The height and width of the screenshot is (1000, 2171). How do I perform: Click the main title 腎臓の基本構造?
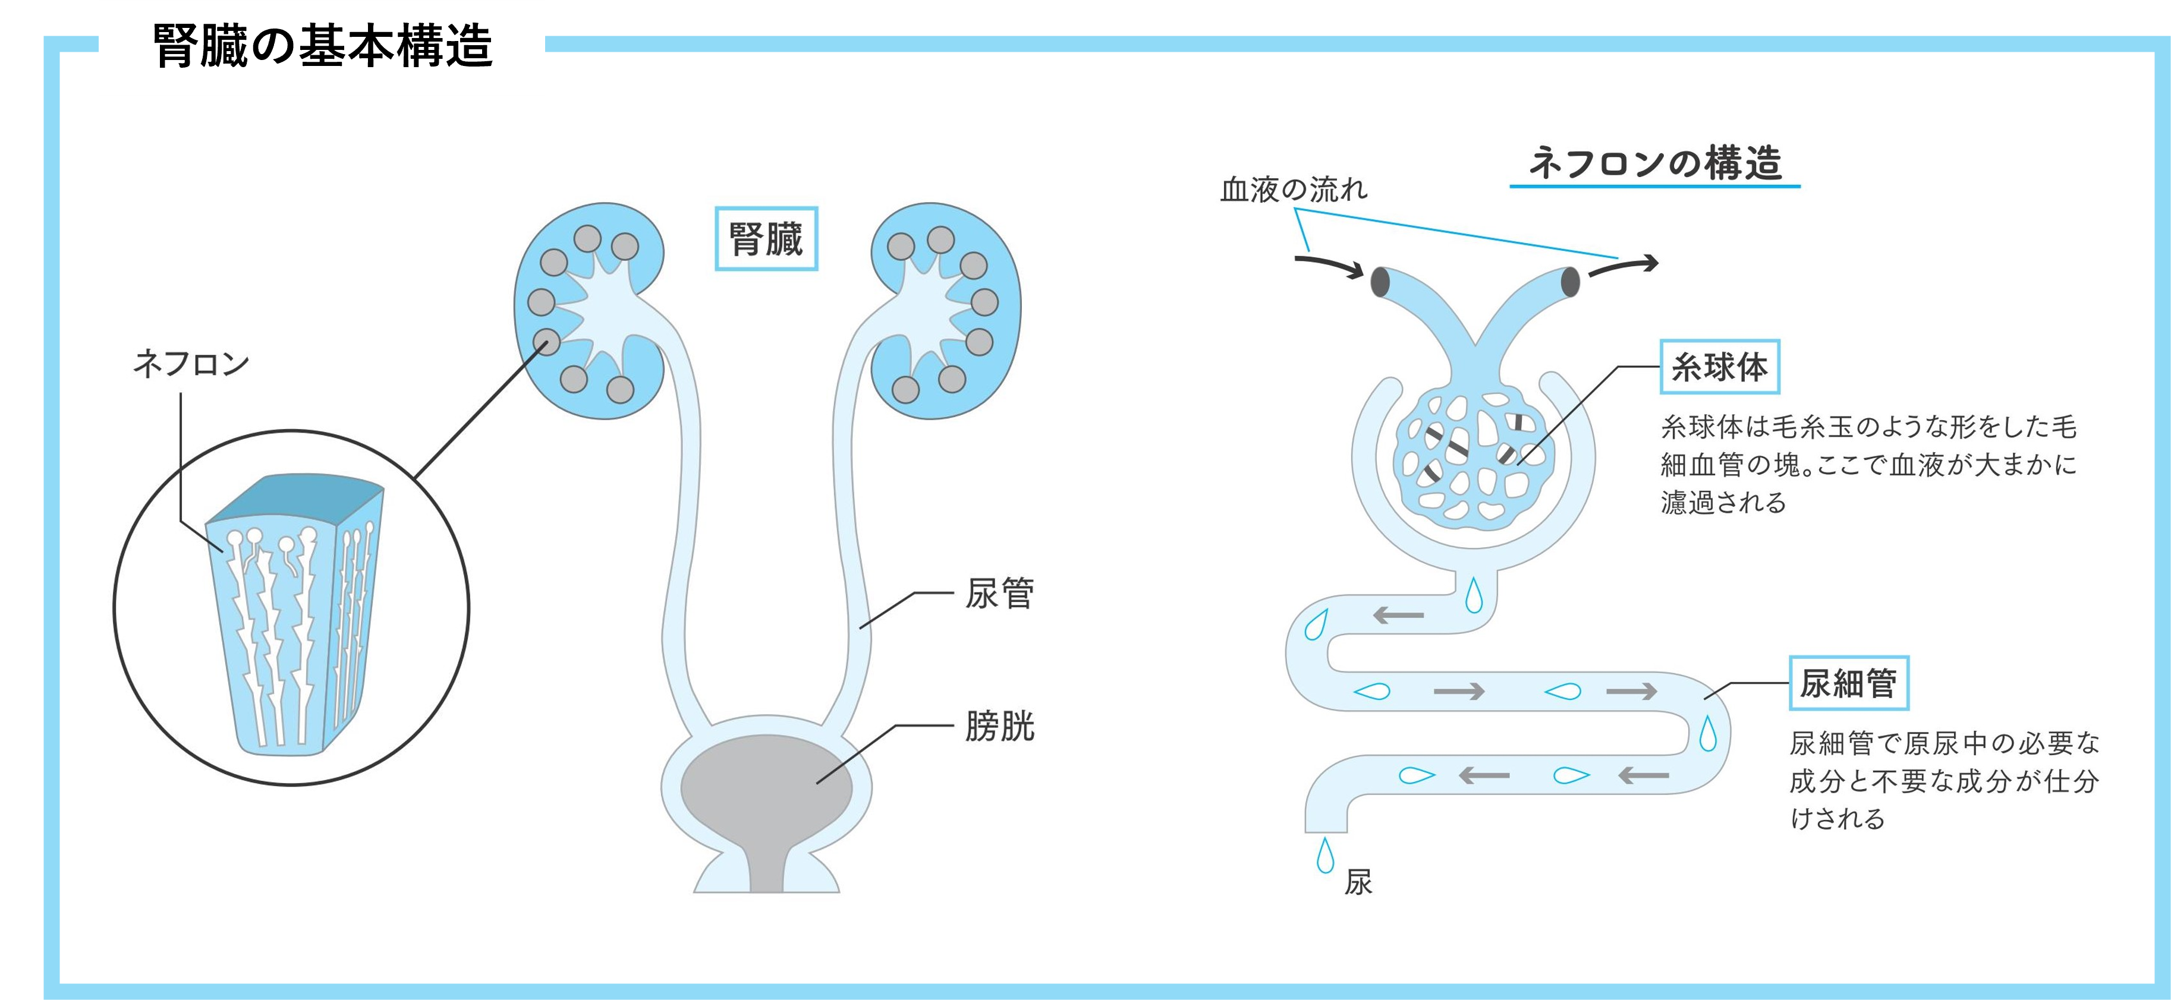(x=322, y=46)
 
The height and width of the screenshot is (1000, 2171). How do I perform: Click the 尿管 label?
(x=999, y=594)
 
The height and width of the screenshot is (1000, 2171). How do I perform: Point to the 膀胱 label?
(x=999, y=726)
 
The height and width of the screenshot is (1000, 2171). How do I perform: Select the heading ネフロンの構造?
(x=1654, y=163)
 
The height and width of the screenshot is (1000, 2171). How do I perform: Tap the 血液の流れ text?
(x=1294, y=190)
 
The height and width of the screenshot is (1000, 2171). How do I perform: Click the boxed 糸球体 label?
(x=1719, y=367)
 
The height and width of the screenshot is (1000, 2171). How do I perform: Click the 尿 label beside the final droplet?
(x=1358, y=882)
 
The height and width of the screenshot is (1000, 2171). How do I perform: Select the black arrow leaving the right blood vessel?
(x=1623, y=267)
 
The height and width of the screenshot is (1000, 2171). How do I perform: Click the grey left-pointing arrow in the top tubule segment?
(x=1399, y=615)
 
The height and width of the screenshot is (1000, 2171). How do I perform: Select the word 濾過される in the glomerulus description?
(x=1723, y=503)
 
